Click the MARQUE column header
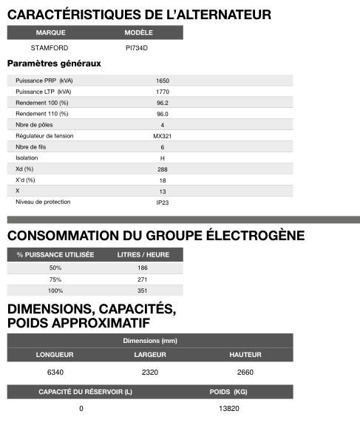[50, 33]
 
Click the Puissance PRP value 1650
[163, 80]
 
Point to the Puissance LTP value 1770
[163, 91]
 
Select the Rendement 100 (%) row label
[41, 103]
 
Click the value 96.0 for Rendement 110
[163, 114]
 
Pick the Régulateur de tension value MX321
[163, 136]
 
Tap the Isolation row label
[27, 158]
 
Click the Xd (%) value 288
[163, 169]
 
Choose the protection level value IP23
[163, 202]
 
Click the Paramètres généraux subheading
[54, 64]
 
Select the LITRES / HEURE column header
[143, 254]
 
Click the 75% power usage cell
[55, 279]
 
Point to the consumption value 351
[143, 290]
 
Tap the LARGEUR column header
[149, 355]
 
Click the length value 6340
[55, 372]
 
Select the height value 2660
[245, 372]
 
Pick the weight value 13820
[229, 409]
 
